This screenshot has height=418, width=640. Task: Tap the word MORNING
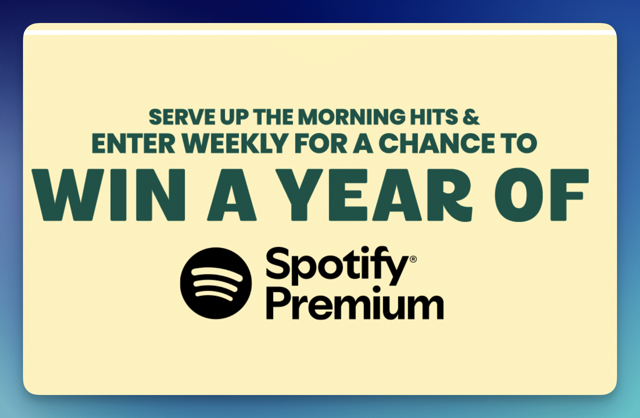[x=351, y=117]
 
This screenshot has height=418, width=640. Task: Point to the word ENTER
[x=133, y=143]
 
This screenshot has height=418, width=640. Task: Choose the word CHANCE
[x=437, y=143]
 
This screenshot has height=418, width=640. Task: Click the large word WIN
[x=109, y=195]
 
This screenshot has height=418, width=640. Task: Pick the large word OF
[x=542, y=195]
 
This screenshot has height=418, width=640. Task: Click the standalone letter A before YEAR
[x=232, y=195]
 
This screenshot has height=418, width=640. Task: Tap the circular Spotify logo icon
[x=216, y=283]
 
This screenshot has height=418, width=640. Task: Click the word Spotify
[x=337, y=266]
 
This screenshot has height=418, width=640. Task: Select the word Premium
[x=355, y=303]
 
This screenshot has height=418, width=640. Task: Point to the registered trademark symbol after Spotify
[x=413, y=259]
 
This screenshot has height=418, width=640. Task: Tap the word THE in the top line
[x=273, y=117]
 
